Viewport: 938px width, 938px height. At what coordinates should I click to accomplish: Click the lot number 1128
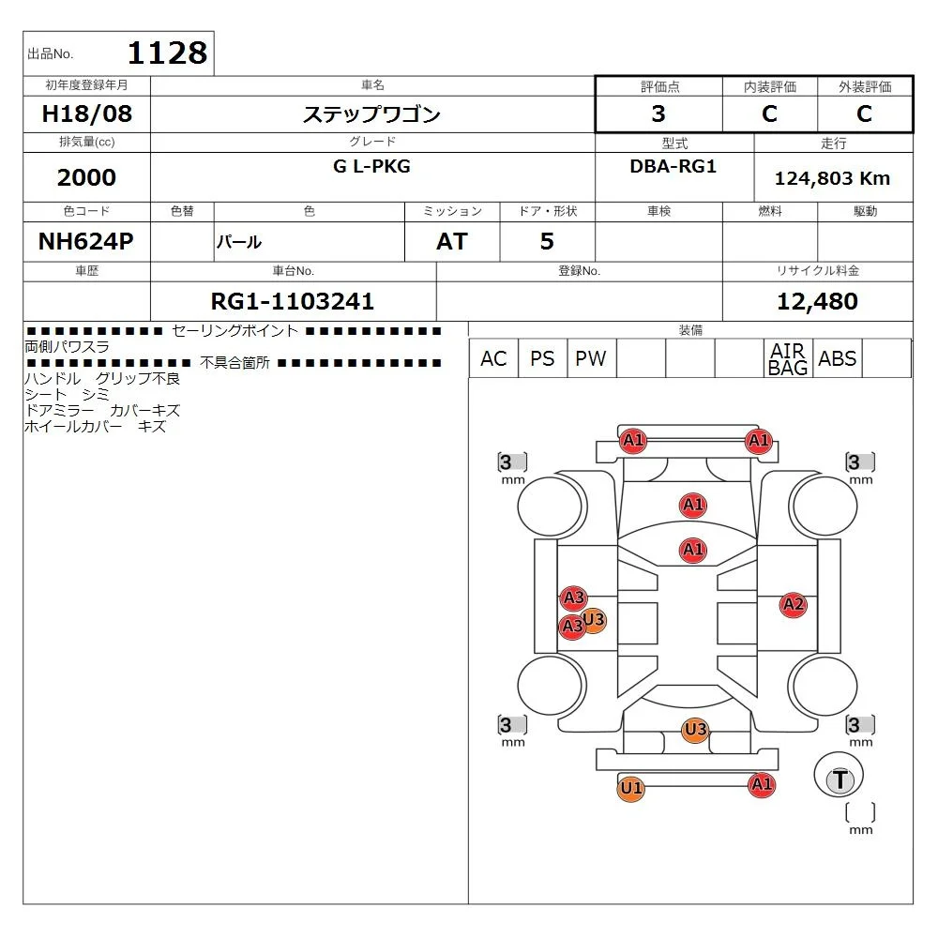[168, 53]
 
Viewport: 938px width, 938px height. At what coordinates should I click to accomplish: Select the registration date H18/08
[86, 113]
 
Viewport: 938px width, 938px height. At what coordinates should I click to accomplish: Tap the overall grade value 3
[658, 113]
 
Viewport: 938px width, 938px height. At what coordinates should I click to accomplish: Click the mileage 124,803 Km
[832, 178]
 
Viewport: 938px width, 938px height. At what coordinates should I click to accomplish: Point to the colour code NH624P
[86, 241]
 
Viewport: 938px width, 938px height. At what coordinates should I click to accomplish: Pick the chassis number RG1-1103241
[293, 301]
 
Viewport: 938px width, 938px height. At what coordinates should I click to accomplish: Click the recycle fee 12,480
[817, 301]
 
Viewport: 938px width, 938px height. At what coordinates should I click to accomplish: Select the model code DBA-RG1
[673, 166]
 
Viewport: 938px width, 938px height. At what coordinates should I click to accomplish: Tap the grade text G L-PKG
[371, 166]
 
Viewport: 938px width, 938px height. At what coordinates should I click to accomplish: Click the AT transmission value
[452, 242]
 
